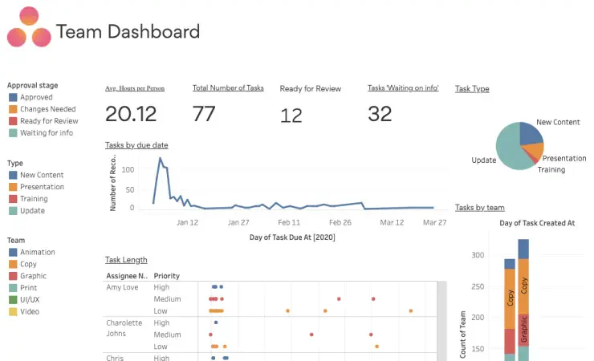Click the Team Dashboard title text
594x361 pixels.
[x=128, y=31]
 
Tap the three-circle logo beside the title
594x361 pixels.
[x=29, y=26]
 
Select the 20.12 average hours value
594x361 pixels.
[x=131, y=114]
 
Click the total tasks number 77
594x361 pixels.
[x=204, y=114]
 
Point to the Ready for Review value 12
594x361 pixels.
[x=291, y=116]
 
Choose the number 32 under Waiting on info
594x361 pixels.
[x=380, y=114]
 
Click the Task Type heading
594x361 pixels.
[x=472, y=88]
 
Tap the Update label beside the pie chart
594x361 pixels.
[x=484, y=160]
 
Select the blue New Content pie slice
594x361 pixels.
[x=531, y=133]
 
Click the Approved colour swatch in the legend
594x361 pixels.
[x=13, y=97]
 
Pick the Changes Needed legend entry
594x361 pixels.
[x=43, y=109]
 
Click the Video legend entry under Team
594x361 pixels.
[x=24, y=311]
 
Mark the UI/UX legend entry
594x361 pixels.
[x=24, y=300]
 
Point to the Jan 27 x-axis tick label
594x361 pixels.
[x=238, y=222]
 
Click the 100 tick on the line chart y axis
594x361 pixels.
[x=128, y=170]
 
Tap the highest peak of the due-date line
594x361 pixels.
[x=161, y=158]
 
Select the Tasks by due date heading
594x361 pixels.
[x=136, y=145]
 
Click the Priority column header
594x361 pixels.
[x=167, y=276]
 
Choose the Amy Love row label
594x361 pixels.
[x=122, y=287]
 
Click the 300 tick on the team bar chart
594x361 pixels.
[x=478, y=255]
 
